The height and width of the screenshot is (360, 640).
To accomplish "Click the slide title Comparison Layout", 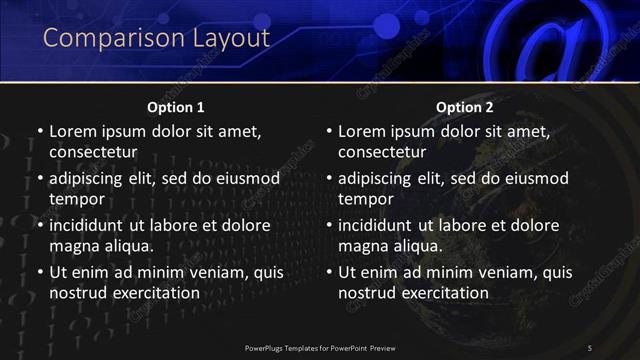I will click(x=157, y=39).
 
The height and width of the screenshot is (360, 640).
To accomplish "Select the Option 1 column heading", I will click(x=176, y=107).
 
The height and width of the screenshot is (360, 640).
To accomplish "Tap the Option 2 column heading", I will click(x=465, y=107).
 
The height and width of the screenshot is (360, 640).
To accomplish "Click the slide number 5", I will click(x=590, y=347).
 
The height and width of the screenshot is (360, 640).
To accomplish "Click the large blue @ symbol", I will click(x=540, y=40).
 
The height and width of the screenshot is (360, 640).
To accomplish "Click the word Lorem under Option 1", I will click(x=74, y=131).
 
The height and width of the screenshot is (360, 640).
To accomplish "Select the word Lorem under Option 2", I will click(x=363, y=131).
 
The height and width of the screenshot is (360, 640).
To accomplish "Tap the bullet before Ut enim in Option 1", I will click(x=39, y=272).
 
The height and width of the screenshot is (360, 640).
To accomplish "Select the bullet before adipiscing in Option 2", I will click(x=328, y=179).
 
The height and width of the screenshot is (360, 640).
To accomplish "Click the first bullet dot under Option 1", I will click(x=39, y=132).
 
